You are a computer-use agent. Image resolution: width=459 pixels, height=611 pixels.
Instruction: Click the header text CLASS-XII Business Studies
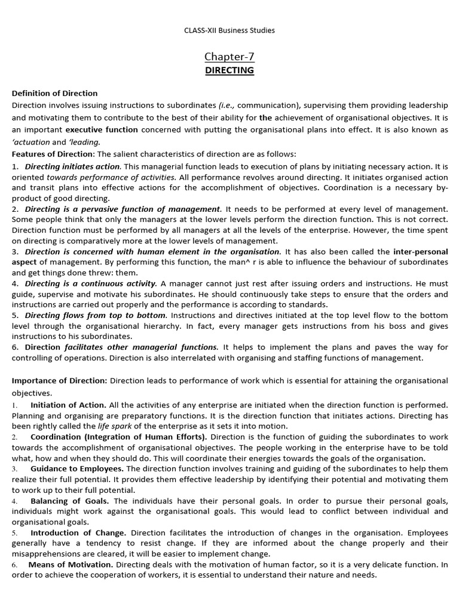[229, 30]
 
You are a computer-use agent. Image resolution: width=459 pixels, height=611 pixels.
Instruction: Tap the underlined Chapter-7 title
[229, 57]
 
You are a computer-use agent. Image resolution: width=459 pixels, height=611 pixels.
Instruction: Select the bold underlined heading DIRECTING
[229, 70]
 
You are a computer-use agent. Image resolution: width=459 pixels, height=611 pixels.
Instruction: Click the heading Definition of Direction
[55, 93]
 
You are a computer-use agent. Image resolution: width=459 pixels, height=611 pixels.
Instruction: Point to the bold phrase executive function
[102, 129]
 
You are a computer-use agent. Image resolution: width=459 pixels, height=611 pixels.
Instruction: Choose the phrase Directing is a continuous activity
[91, 283]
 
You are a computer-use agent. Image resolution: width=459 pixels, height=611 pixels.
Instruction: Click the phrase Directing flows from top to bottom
[96, 315]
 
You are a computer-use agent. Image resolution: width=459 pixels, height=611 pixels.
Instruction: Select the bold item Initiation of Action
[68, 405]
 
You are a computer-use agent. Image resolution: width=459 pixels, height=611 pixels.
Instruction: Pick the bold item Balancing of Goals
[69, 501]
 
